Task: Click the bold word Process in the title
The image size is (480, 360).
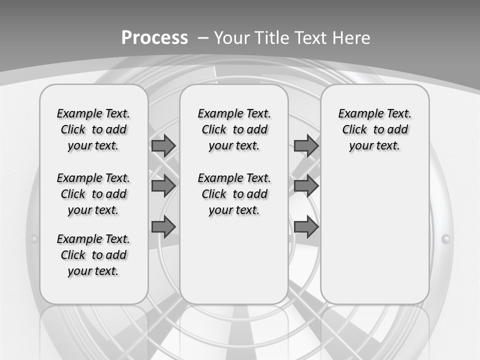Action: [x=154, y=38]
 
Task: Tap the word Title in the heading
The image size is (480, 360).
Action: [x=272, y=38]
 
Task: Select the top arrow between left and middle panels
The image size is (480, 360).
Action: [x=163, y=146]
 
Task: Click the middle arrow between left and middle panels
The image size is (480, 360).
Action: [x=163, y=186]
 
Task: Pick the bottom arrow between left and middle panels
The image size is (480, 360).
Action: [x=163, y=226]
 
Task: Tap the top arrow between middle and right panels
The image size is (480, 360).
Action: [x=306, y=146]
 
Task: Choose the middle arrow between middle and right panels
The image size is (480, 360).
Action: [x=306, y=186]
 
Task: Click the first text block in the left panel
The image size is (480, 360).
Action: [x=93, y=129]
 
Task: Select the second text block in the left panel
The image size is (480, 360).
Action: [x=93, y=194]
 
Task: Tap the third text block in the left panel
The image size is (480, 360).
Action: [x=93, y=255]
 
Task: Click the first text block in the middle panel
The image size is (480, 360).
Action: [x=234, y=129]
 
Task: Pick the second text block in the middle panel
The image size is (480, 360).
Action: [x=234, y=194]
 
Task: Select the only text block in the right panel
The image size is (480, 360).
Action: [x=374, y=129]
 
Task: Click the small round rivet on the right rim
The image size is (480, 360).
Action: [x=446, y=240]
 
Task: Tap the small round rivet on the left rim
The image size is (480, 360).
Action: [x=34, y=239]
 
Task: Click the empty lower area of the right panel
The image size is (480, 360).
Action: [x=374, y=240]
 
